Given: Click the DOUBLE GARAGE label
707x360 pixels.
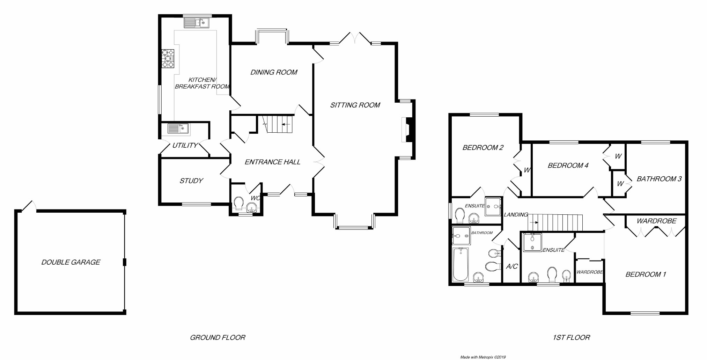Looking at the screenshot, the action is tap(71, 262).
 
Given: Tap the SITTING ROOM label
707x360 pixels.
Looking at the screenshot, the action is tap(355, 105).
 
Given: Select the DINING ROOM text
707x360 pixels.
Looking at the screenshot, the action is tap(274, 72).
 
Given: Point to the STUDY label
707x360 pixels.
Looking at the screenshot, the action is tap(191, 181).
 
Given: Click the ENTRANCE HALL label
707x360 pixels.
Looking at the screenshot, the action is tap(272, 162).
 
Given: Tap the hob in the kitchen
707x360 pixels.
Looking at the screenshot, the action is tap(168, 58).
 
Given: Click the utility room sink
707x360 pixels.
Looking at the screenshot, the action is tap(178, 128).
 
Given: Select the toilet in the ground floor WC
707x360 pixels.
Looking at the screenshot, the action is tap(239, 204).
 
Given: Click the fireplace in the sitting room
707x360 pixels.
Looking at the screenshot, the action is tap(407, 130).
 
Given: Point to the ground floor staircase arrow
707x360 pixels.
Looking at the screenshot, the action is tap(286, 124).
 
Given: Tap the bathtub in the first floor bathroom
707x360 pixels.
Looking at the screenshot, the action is tap(461, 264).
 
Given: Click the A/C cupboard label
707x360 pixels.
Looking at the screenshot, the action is tap(512, 267).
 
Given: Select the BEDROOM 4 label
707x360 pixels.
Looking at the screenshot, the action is tap(568, 166).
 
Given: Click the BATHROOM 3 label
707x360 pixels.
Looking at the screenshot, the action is tap(659, 179).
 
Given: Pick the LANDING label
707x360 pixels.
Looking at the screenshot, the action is tap(516, 215).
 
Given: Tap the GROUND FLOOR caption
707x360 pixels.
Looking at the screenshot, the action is tap(218, 338).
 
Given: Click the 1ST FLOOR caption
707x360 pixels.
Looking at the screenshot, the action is tap(571, 338).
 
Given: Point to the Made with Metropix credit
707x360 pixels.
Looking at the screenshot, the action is tap(483, 357).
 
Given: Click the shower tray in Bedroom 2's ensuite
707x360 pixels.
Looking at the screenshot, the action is tap(493, 206).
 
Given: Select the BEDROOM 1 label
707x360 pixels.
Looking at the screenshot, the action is tap(646, 274).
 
